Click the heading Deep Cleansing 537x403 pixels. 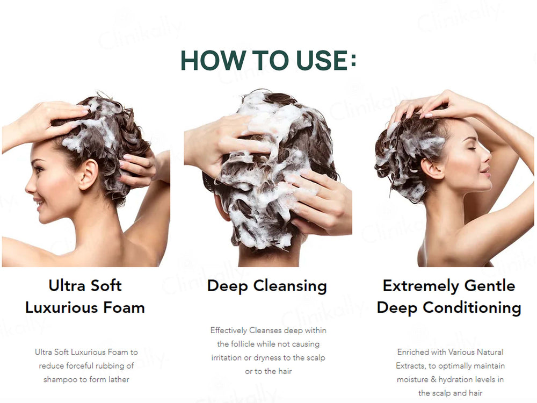pos(267,285)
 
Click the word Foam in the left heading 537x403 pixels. pos(125,307)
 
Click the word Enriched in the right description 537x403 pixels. pos(413,352)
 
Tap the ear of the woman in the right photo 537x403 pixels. pos(431,167)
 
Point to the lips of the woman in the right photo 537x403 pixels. pos(485,173)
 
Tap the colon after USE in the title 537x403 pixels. pos(353,61)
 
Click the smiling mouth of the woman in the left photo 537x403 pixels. pos(38,202)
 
